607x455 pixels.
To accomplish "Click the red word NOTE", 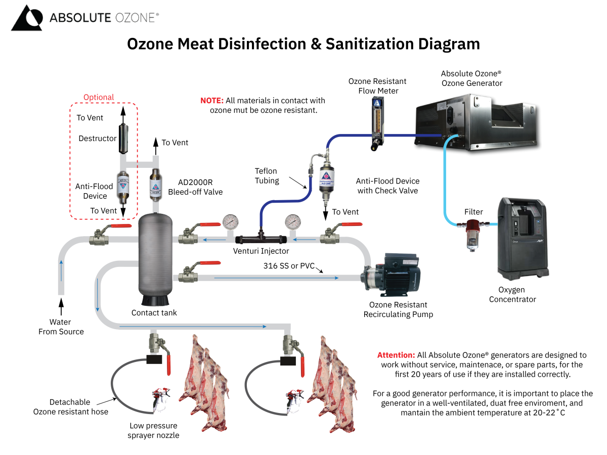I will pos(212,101).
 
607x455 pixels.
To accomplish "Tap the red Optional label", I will pos(99,97).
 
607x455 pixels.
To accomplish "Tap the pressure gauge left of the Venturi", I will pos(231,221).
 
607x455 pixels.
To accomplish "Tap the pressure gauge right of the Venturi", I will pos(292,221).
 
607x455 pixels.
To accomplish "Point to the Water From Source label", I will pos(61,327).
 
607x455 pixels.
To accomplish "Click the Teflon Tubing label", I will pos(267,176).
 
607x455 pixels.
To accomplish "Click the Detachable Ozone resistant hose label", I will pos(70,406).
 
